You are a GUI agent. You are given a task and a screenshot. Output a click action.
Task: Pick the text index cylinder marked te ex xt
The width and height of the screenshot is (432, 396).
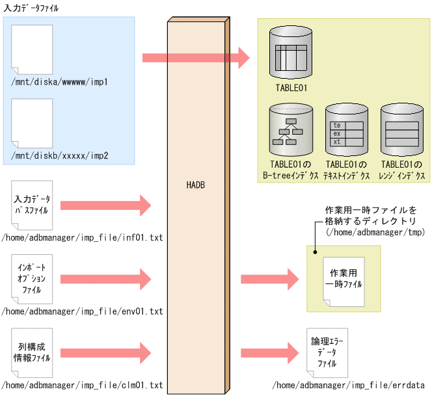[346, 129]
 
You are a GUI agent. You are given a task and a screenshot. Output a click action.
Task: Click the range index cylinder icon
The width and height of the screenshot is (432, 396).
[401, 129]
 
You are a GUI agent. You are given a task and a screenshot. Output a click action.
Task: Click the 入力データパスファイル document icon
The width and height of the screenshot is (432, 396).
[31, 205]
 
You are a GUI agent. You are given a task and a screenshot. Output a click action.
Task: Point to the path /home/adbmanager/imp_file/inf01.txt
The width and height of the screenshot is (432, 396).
[83, 238]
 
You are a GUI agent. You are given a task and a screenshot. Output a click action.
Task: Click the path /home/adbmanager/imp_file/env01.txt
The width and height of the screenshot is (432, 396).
[83, 312]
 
